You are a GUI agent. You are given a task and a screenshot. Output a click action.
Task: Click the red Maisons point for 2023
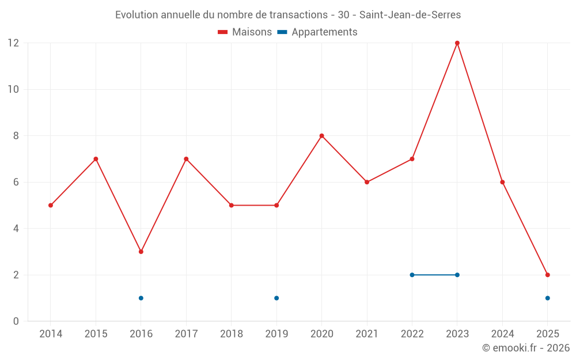pyautogui.click(x=457, y=43)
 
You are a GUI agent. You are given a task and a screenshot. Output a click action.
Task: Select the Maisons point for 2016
pyautogui.click(x=141, y=252)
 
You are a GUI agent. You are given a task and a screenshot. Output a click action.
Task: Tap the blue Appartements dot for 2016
pyautogui.click(x=141, y=298)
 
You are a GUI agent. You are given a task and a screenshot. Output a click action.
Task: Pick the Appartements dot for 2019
pyautogui.click(x=276, y=298)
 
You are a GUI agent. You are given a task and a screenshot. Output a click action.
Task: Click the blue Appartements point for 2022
pyautogui.click(x=412, y=275)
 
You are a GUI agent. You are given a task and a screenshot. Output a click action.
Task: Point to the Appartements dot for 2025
pyautogui.click(x=548, y=298)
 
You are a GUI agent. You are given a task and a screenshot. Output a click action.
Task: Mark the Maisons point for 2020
pyautogui.click(x=322, y=136)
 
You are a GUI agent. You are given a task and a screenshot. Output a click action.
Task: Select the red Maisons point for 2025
pyautogui.click(x=548, y=275)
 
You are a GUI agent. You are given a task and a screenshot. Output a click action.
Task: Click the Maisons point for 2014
pyautogui.click(x=51, y=205)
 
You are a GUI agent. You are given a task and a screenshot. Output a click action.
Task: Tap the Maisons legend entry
pyautogui.click(x=245, y=32)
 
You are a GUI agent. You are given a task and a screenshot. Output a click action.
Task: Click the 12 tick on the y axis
pyautogui.click(x=13, y=43)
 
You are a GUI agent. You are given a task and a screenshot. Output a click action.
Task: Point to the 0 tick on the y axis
pyautogui.click(x=16, y=321)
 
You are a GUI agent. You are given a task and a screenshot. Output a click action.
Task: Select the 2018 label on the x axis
pyautogui.click(x=232, y=334)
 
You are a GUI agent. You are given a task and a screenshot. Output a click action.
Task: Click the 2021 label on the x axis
pyautogui.click(x=367, y=334)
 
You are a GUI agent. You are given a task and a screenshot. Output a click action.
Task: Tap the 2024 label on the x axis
pyautogui.click(x=502, y=334)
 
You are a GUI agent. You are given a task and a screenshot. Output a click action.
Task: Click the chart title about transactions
pyautogui.click(x=288, y=15)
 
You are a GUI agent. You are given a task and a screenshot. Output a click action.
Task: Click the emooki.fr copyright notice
pyautogui.click(x=526, y=348)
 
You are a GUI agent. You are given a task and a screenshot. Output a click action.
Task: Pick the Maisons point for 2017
pyautogui.click(x=186, y=159)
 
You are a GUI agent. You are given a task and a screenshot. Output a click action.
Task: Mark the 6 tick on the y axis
pyautogui.click(x=16, y=182)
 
